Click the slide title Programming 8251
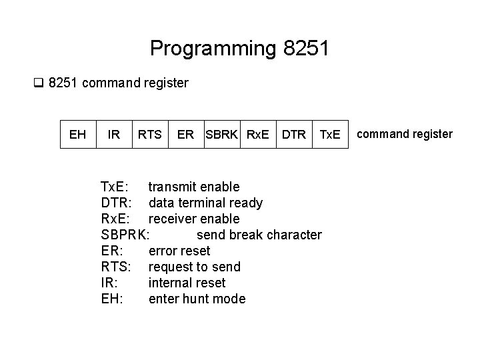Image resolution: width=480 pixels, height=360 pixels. pos(239,49)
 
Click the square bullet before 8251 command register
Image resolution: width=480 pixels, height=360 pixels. pos(38,84)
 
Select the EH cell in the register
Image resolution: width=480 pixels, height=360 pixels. pos(77,135)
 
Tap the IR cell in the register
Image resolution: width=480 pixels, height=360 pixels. pos(114,135)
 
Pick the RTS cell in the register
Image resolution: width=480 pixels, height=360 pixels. pos(149,135)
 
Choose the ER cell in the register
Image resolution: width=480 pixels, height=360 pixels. pos(185,135)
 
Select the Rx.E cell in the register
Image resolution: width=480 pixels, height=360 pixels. pos(258,135)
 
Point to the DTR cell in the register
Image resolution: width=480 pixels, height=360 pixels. pos(293,135)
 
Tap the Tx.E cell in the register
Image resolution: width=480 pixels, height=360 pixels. pos(329,135)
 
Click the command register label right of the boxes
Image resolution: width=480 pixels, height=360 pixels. pos(405,134)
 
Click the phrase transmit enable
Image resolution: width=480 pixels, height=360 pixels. pos(194,187)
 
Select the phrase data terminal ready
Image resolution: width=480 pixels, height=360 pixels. pos(205,203)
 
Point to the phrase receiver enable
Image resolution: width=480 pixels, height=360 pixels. pos(194,219)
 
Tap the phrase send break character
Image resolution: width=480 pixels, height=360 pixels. pos(259,235)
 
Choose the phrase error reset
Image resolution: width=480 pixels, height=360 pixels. pos(179,251)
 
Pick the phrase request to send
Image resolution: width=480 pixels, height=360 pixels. pos(194,267)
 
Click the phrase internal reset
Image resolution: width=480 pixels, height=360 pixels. pos(187,283)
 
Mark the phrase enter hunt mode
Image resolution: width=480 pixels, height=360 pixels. pos(197,299)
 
